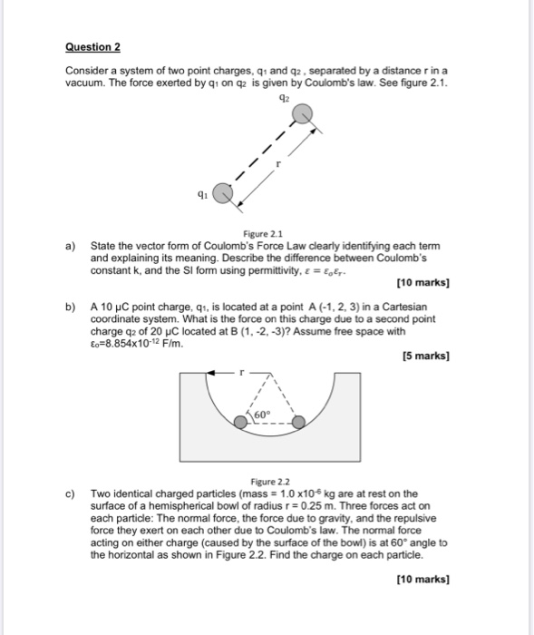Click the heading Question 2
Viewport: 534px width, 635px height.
[93, 46]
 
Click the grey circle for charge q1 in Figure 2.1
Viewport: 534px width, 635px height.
[223, 193]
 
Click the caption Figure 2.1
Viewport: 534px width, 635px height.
[267, 232]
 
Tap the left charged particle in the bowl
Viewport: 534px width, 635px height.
[239, 422]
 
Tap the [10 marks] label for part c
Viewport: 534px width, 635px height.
[422, 578]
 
